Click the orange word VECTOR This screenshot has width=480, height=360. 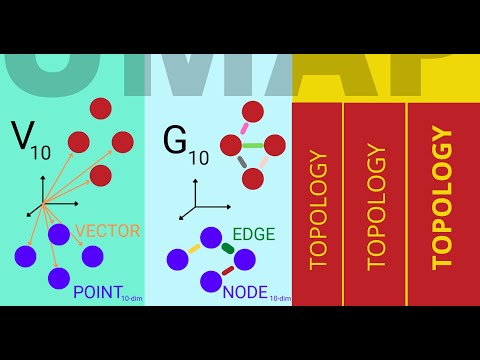pyautogui.click(x=108, y=231)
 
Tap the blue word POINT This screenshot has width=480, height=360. pyautogui.click(x=96, y=292)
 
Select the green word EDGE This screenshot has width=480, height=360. pyautogui.click(x=253, y=235)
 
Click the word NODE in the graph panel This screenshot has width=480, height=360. pyautogui.click(x=245, y=292)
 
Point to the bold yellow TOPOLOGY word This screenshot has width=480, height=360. pyautogui.click(x=442, y=198)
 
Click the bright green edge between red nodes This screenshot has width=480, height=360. pyautogui.click(x=252, y=146)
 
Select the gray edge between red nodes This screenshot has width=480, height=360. pyautogui.click(x=242, y=163)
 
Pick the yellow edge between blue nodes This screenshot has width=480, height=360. pyautogui.click(x=194, y=248)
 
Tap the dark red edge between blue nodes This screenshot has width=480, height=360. pyautogui.click(x=228, y=271)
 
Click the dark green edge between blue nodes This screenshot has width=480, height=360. pyautogui.click(x=228, y=248)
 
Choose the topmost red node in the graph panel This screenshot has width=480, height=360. pyautogui.click(x=253, y=111)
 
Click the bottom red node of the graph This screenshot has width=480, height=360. pyautogui.click(x=253, y=179)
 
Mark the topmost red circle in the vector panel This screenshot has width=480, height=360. pyautogui.click(x=101, y=108)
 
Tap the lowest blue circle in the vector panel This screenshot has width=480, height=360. pyautogui.click(x=59, y=278)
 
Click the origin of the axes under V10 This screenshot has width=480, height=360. pyautogui.click(x=43, y=204)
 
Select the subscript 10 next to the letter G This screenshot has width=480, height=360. pyautogui.click(x=200, y=157)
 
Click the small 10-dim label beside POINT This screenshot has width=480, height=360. pyautogui.click(x=131, y=298)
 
